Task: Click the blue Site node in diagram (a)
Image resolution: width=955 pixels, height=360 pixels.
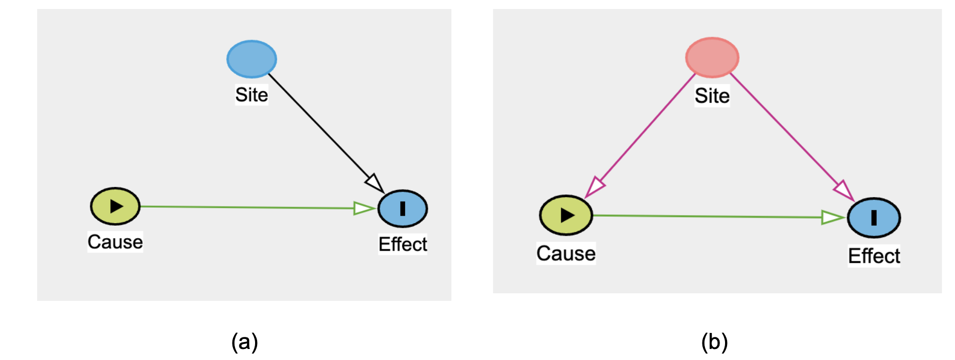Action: pyautogui.click(x=252, y=59)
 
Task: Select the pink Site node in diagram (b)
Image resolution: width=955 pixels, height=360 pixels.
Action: pyautogui.click(x=712, y=58)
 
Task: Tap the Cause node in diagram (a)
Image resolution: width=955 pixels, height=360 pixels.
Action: pyautogui.click(x=115, y=206)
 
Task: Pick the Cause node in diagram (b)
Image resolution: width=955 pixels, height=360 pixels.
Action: pyautogui.click(x=566, y=215)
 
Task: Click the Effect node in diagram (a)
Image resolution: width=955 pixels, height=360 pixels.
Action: pyautogui.click(x=403, y=209)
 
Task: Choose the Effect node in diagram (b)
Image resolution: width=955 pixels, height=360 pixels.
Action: pyautogui.click(x=874, y=218)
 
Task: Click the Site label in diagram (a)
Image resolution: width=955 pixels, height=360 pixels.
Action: pyautogui.click(x=252, y=95)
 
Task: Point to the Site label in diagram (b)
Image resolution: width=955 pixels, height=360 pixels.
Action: pyautogui.click(x=712, y=96)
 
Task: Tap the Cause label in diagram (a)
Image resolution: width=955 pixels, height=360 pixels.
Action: pyautogui.click(x=115, y=242)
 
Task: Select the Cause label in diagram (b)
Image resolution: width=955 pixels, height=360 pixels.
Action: pyautogui.click(x=566, y=254)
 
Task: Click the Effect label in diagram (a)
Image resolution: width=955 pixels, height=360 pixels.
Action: pyautogui.click(x=403, y=245)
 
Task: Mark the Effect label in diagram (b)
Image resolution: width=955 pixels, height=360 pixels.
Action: pyautogui.click(x=874, y=256)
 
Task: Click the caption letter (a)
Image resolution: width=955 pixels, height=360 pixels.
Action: pyautogui.click(x=245, y=342)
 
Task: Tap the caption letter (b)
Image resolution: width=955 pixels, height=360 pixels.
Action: pyautogui.click(x=714, y=342)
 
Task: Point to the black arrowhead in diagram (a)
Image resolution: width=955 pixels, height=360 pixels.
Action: pyautogui.click(x=375, y=183)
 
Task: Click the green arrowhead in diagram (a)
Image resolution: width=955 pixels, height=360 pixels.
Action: pyautogui.click(x=364, y=208)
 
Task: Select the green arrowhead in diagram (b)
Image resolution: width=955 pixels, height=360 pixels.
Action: pyautogui.click(x=832, y=218)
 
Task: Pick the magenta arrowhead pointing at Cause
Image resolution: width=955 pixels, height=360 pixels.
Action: pyautogui.click(x=595, y=187)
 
